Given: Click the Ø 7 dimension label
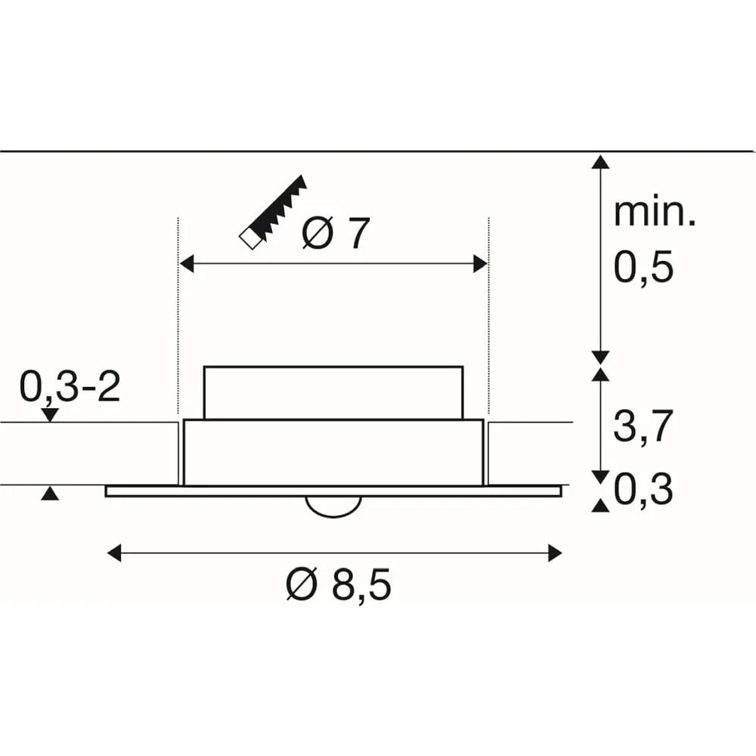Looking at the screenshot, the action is click(x=336, y=234).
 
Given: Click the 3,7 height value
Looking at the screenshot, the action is click(x=643, y=426).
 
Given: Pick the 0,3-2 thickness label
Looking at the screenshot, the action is click(x=70, y=386).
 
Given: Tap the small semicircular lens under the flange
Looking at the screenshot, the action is click(x=333, y=507).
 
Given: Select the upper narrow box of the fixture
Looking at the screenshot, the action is click(x=333, y=393).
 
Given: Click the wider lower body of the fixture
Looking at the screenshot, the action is click(x=333, y=453).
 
